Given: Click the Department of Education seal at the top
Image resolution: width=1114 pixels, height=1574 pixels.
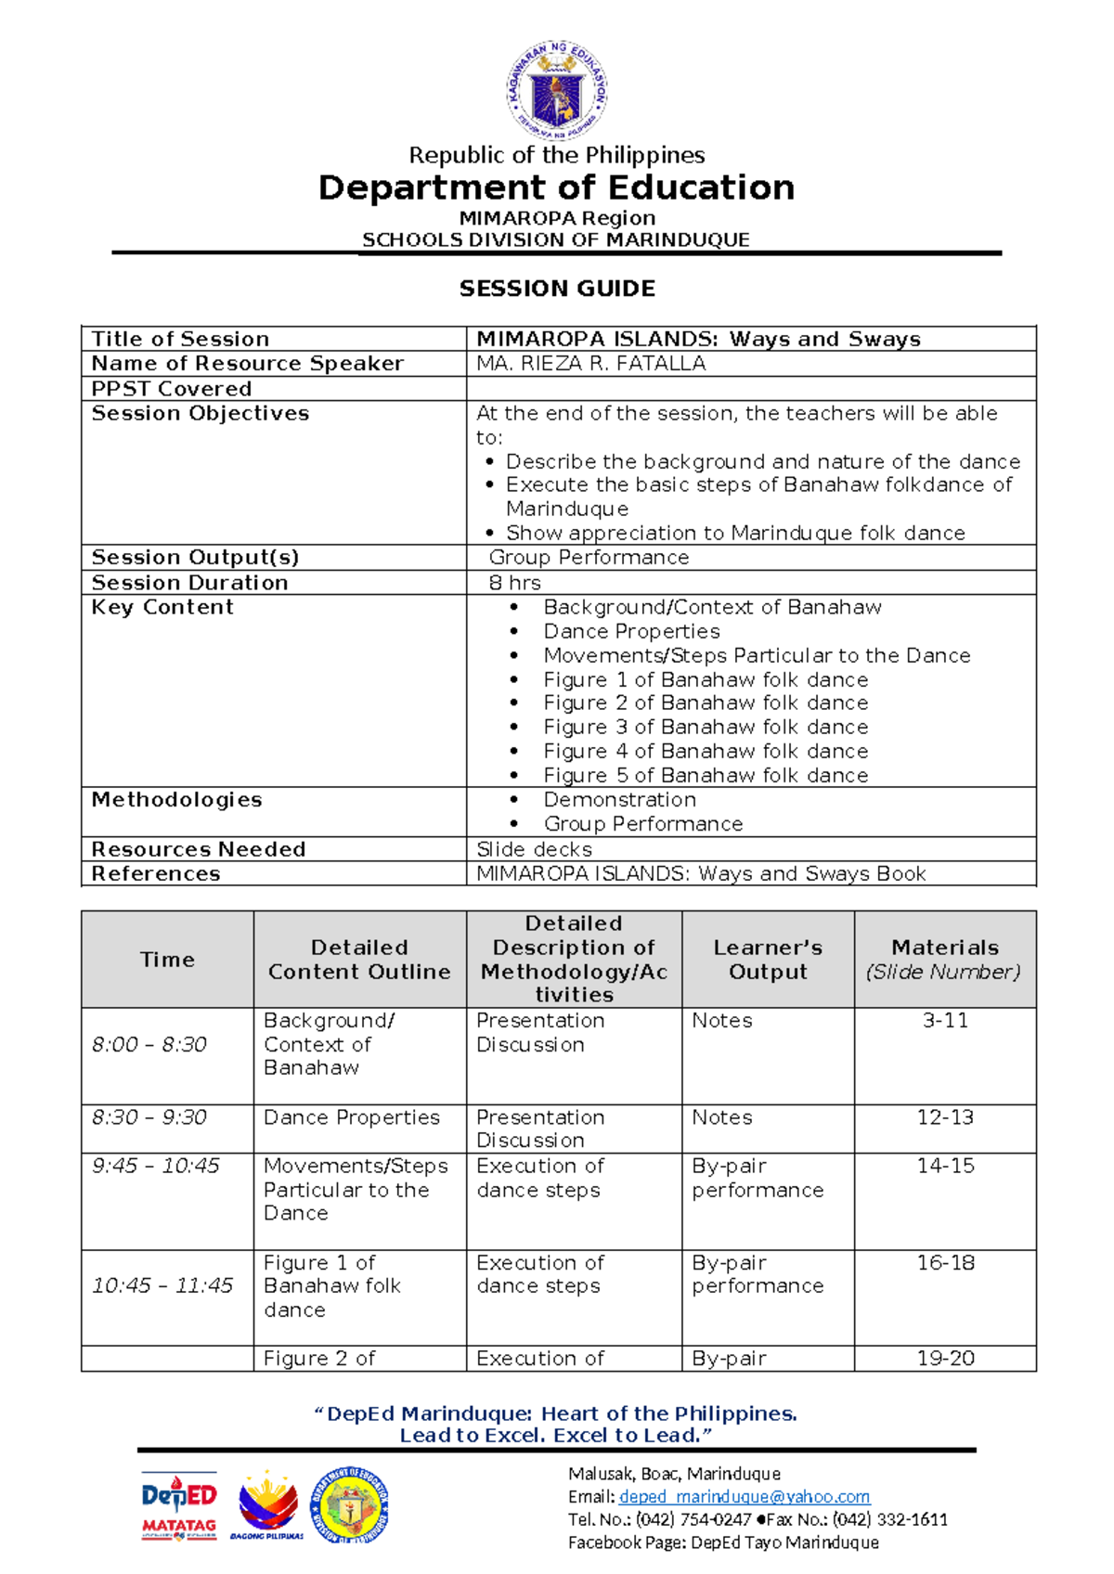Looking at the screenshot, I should (x=557, y=91).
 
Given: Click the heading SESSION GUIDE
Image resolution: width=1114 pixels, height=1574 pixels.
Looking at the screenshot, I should (x=557, y=289).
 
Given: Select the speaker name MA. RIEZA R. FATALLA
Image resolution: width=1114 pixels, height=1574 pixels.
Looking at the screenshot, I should (x=590, y=364).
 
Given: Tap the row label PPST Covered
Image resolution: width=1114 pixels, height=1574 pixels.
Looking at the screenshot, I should (x=172, y=389).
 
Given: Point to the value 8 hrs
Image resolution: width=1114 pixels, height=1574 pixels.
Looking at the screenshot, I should (x=514, y=583).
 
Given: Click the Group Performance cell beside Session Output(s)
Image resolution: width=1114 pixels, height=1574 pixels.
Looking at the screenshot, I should (x=589, y=558).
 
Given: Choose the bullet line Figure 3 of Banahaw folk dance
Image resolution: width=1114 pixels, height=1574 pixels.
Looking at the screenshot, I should (x=706, y=728).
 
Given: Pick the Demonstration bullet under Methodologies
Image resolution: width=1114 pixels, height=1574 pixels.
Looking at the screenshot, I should (x=619, y=800).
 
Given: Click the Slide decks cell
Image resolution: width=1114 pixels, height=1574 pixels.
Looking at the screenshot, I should (x=534, y=850).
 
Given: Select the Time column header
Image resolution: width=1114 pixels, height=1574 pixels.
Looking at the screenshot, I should (x=167, y=960).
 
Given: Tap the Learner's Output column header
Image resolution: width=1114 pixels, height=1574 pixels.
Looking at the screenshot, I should (x=768, y=960).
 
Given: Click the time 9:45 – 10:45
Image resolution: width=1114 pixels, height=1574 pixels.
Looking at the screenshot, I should (x=155, y=1167).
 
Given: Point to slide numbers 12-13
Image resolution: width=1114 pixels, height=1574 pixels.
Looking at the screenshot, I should (x=945, y=1118).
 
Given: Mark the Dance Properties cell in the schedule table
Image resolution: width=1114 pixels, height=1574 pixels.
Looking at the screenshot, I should (x=351, y=1118).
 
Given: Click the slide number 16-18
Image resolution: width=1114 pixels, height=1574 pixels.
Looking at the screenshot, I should (x=945, y=1263).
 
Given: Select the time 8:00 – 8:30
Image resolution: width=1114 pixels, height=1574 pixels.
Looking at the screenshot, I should (x=149, y=1045).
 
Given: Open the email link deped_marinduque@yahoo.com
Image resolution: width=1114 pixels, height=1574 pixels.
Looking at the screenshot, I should (x=744, y=1497).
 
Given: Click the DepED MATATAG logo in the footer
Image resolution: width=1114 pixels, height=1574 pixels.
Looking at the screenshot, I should (x=179, y=1505).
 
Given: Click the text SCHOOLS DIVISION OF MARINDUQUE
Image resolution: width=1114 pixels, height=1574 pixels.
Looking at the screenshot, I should (x=555, y=240).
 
